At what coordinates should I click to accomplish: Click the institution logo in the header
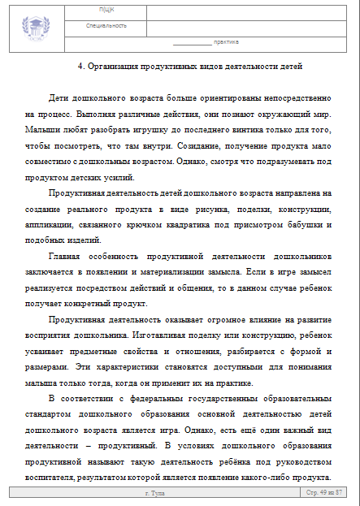37,24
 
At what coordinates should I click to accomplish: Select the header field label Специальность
106,25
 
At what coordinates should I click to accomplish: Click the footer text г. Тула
155,493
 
